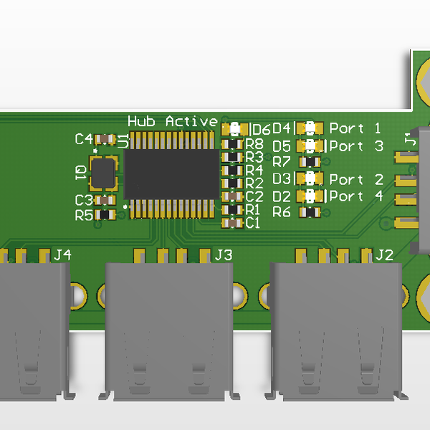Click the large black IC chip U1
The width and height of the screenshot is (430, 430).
pyautogui.click(x=171, y=174)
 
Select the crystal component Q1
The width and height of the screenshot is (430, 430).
pyautogui.click(x=103, y=173)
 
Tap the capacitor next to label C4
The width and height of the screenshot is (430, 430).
pyautogui.click(x=105, y=139)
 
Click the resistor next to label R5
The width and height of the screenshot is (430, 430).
pyautogui.click(x=105, y=214)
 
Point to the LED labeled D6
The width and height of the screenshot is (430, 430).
pyautogui.click(x=235, y=129)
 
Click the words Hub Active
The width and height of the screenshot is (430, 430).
pyautogui.click(x=173, y=121)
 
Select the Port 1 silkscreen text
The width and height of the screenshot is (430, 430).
pyautogui.click(x=355, y=128)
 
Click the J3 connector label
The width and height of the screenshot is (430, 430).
pyautogui.click(x=224, y=255)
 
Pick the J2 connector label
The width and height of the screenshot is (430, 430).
pyautogui.click(x=384, y=255)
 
